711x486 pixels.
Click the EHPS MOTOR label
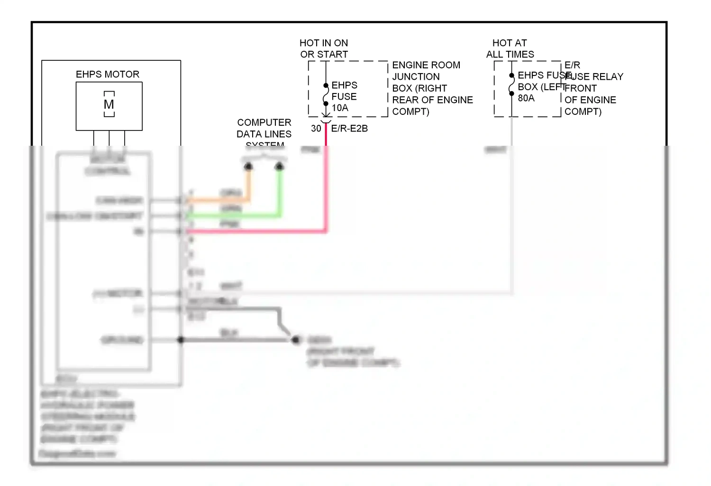[108, 75]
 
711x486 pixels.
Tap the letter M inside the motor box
[109, 104]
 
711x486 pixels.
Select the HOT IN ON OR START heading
[324, 49]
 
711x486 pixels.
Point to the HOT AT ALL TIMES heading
[510, 49]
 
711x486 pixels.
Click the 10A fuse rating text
[340, 108]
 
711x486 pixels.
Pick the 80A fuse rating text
[526, 98]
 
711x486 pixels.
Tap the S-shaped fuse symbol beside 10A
[326, 94]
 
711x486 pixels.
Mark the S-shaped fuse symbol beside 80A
[511, 84]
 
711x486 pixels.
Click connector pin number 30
[316, 129]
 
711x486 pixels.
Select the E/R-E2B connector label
[349, 129]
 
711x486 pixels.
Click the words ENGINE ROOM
[426, 65]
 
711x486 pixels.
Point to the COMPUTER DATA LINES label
[264, 129]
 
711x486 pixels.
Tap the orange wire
[218, 200]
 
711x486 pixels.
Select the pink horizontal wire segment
[256, 231]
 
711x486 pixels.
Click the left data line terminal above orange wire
[248, 166]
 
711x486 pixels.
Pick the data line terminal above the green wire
[279, 166]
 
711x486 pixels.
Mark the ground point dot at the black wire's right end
[296, 340]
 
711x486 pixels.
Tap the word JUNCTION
[416, 77]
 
